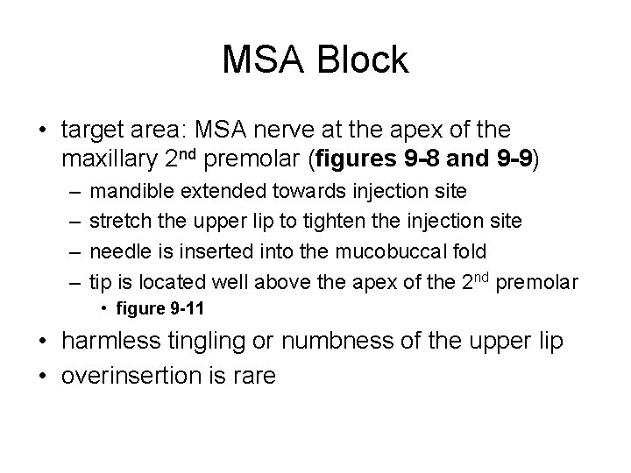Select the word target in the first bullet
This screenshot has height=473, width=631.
coord(89,131)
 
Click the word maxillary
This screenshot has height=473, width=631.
coord(110,160)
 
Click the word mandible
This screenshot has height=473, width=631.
coord(129,191)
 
